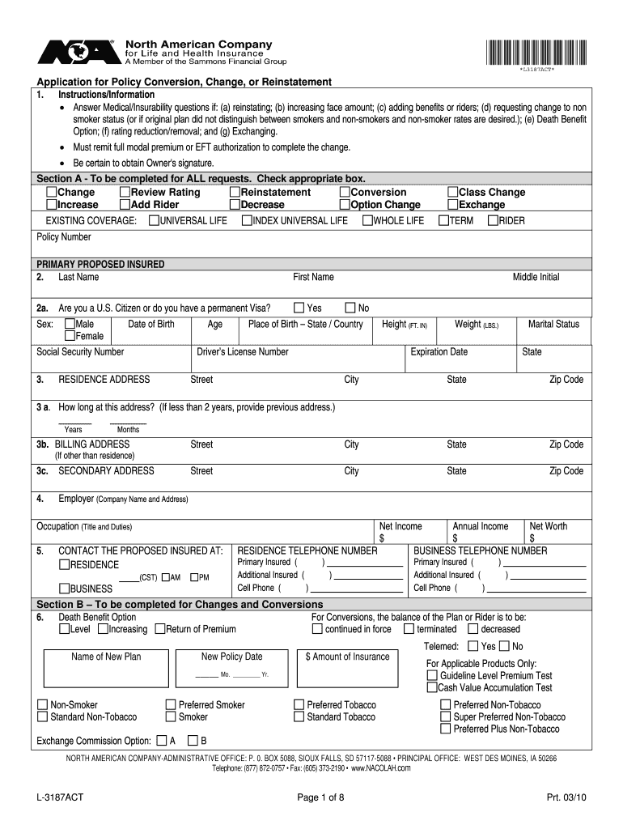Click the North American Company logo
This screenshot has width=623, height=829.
[x=77, y=53]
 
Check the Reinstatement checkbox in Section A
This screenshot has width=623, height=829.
[x=235, y=193]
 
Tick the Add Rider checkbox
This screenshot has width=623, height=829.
[x=125, y=205]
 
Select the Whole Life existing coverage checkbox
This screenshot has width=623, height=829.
[x=367, y=220]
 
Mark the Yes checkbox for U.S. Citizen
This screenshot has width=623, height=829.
[x=299, y=308]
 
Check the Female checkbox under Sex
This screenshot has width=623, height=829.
[x=70, y=336]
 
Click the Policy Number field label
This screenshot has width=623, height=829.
[x=64, y=237]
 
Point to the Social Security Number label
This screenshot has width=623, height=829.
[x=80, y=352]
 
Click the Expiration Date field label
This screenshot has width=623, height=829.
[x=439, y=352]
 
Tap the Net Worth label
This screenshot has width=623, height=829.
[x=548, y=526]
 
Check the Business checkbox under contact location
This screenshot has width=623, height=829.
[x=64, y=589]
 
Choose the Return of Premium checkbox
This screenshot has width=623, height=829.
[x=159, y=629]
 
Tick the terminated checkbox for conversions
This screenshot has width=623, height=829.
[x=410, y=629]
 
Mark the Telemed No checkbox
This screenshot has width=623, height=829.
[x=504, y=646]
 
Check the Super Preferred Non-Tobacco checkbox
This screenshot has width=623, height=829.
[x=445, y=716]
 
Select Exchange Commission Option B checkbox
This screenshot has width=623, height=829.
[x=193, y=740]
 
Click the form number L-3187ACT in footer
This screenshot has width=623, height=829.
[x=59, y=797]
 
